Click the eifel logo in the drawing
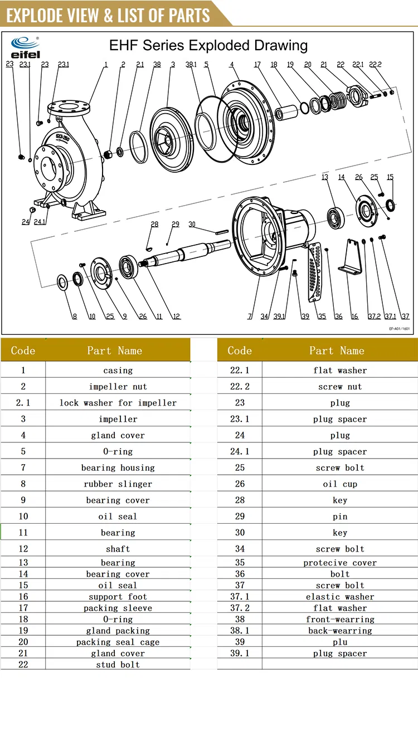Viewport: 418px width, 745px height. point(25,47)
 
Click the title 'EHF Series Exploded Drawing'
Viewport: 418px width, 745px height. point(208,45)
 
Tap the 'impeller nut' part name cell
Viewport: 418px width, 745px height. point(118,386)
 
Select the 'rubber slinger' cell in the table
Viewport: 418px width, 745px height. point(118,484)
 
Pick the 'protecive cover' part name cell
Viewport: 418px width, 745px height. point(339,563)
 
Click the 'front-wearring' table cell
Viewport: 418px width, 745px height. point(339,619)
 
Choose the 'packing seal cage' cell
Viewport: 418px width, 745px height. point(118,642)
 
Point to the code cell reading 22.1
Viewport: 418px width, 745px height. point(240,370)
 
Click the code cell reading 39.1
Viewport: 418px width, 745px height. point(240,653)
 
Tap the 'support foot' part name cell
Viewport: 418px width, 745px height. point(118,596)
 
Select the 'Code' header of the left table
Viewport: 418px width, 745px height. point(23,350)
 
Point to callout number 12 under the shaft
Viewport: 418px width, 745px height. point(176,316)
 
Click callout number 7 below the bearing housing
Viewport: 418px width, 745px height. point(250,316)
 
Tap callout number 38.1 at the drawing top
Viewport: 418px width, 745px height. point(191,65)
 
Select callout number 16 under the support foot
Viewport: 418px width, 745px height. point(354,316)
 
